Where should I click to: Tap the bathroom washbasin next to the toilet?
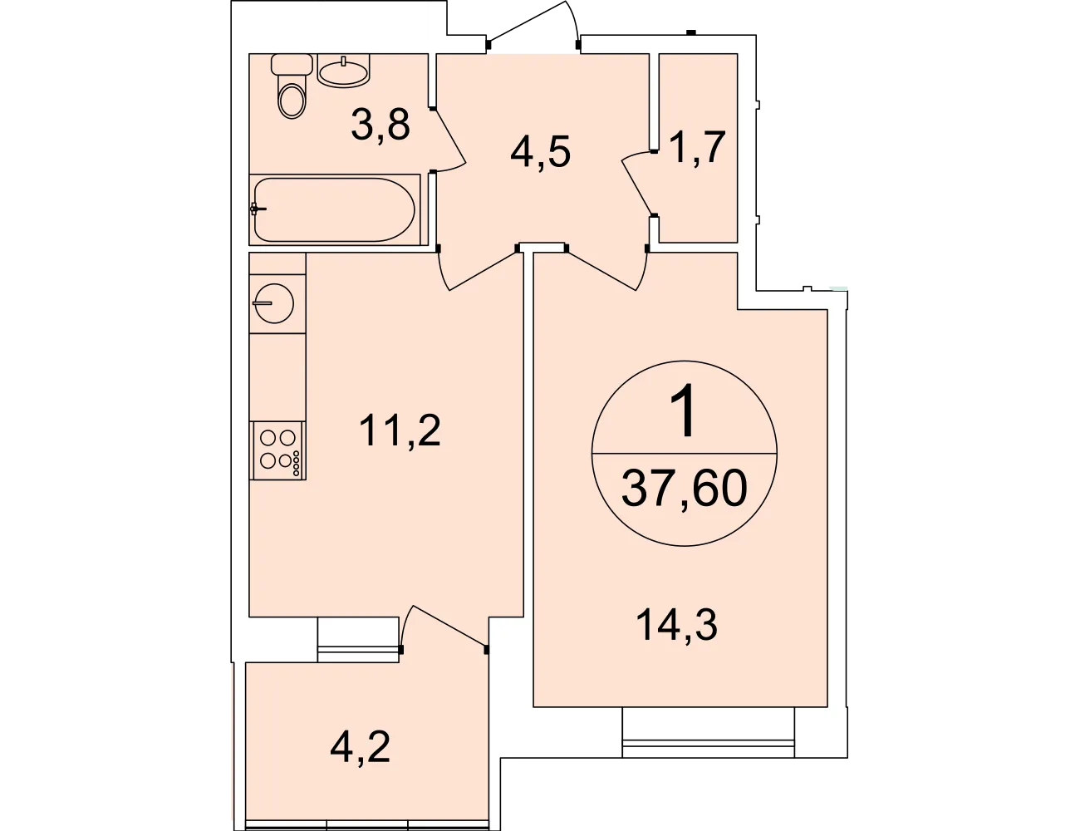[x=344, y=71]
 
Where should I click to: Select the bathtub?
[x=335, y=209]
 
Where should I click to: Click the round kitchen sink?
[x=274, y=302]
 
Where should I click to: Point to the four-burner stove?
[x=277, y=450]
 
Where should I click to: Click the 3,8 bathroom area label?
[x=380, y=125]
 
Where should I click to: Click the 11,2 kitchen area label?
[x=400, y=431]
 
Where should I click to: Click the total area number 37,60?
[x=684, y=489]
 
